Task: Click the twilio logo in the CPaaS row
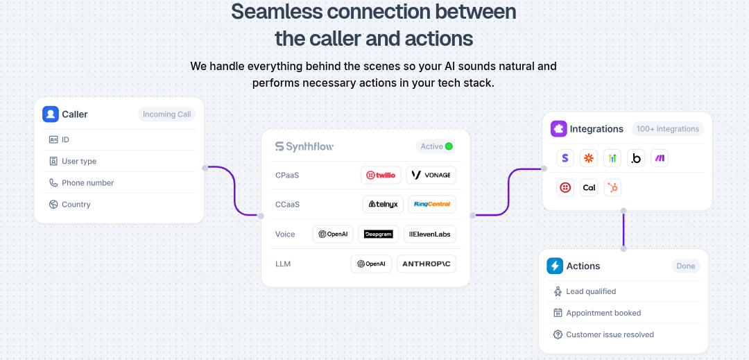pyautogui.click(x=381, y=175)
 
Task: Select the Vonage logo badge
pyautogui.click(x=431, y=175)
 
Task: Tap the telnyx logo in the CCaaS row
pyautogui.click(x=383, y=204)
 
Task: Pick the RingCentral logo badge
pyautogui.click(x=431, y=204)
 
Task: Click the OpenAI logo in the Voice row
pyautogui.click(x=333, y=234)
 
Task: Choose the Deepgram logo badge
pyautogui.click(x=379, y=234)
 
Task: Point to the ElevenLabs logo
pyautogui.click(x=430, y=234)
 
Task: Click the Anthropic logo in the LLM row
pyautogui.click(x=426, y=264)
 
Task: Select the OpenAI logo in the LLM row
pyautogui.click(x=371, y=264)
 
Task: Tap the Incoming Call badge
pyautogui.click(x=166, y=114)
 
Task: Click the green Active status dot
pyautogui.click(x=449, y=146)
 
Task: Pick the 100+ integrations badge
pyautogui.click(x=668, y=129)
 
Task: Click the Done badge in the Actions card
pyautogui.click(x=685, y=266)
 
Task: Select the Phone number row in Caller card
pyautogui.click(x=87, y=182)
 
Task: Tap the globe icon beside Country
pyautogui.click(x=53, y=204)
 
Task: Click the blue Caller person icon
pyautogui.click(x=50, y=114)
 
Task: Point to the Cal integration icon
pyautogui.click(x=589, y=187)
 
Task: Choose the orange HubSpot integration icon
pyautogui.click(x=612, y=187)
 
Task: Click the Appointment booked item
pyautogui.click(x=603, y=313)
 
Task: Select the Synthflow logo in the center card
pyautogui.click(x=304, y=146)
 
